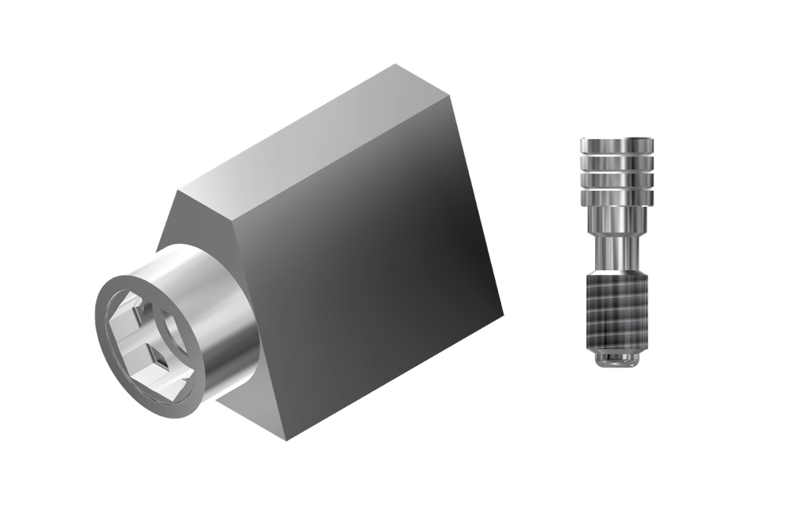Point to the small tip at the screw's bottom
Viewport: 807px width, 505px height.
click(x=619, y=361)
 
